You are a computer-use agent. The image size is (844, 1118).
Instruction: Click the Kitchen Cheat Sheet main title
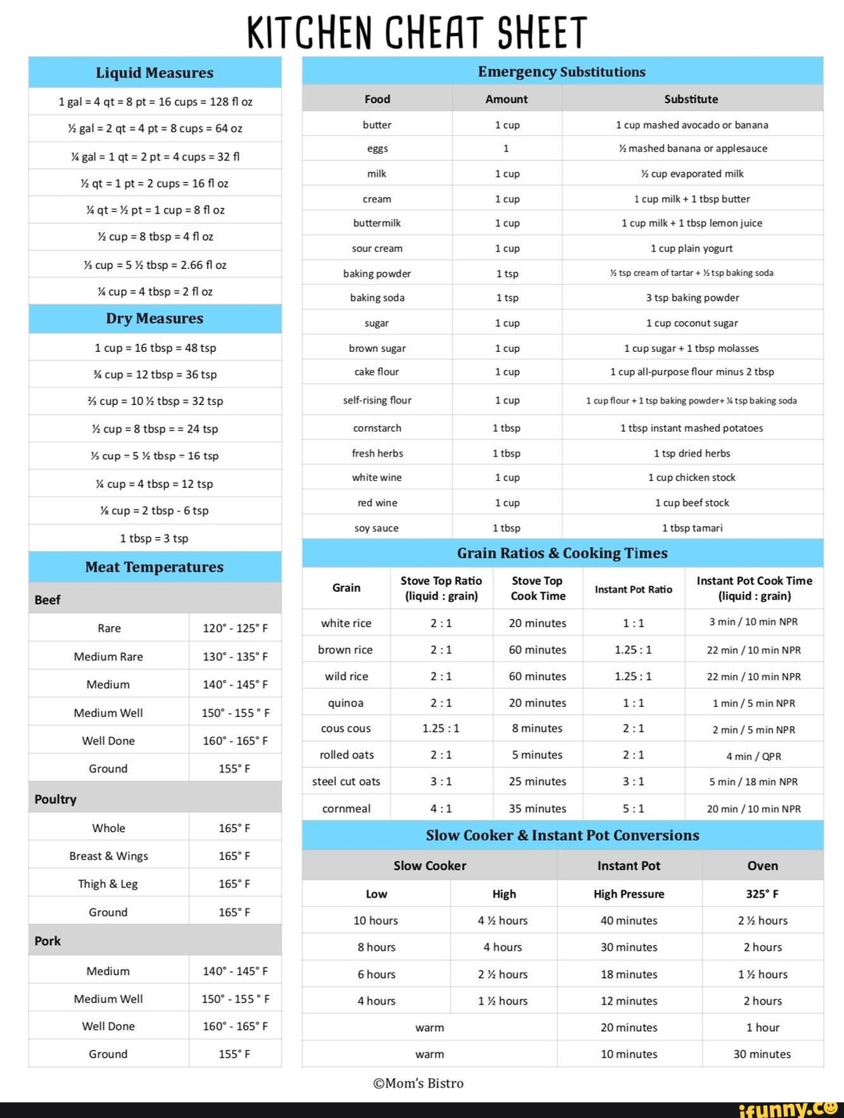417,32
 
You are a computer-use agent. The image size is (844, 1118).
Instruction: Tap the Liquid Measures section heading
155,73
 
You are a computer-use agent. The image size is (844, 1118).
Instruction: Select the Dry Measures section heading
155,318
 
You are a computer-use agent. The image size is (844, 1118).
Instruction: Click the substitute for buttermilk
692,223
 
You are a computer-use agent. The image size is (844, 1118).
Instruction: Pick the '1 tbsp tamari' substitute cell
692,528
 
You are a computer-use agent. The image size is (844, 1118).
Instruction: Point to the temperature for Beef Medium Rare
235,657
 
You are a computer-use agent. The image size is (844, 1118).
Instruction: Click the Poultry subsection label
55,799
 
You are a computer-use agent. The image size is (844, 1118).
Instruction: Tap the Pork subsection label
48,941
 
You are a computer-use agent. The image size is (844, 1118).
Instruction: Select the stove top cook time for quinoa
537,703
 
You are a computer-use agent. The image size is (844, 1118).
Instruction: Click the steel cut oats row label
346,781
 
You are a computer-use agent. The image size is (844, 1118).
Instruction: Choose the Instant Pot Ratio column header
633,589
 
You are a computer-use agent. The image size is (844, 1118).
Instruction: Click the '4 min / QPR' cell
753,756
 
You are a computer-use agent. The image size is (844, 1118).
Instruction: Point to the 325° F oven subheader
762,894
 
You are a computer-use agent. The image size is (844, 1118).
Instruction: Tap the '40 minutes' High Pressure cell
628,920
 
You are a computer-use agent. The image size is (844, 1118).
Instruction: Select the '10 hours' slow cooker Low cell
376,920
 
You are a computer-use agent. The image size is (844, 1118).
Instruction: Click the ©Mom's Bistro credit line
418,1083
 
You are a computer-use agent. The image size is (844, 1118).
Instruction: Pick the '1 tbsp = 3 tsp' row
154,538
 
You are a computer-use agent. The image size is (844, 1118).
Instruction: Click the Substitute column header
691,99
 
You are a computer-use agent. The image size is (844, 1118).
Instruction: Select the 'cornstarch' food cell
377,428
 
